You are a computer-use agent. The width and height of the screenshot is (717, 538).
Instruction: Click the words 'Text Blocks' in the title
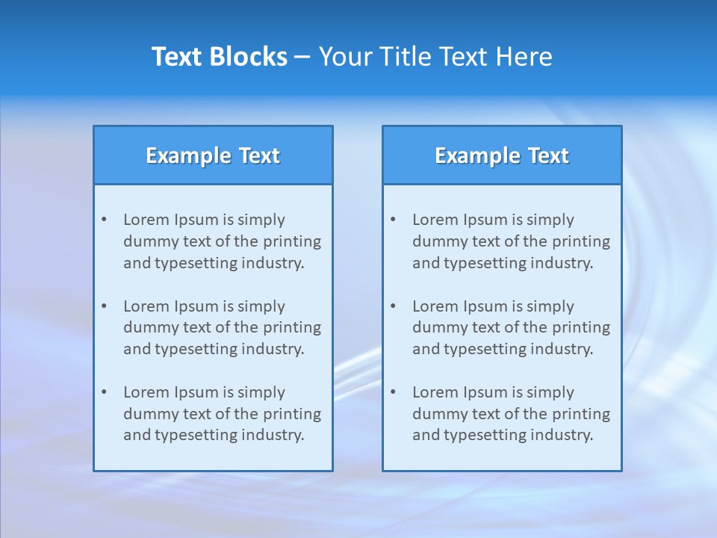tap(219, 57)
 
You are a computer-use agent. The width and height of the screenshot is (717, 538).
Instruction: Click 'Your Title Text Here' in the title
tap(435, 57)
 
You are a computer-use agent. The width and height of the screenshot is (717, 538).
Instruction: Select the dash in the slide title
tap(302, 58)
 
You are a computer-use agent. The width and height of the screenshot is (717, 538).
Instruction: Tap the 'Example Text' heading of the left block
tap(213, 155)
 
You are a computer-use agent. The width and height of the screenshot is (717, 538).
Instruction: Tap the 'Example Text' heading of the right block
tap(502, 155)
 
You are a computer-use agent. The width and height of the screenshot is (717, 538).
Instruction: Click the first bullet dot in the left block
tap(104, 220)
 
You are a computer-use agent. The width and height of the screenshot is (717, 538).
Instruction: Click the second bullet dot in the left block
tap(104, 306)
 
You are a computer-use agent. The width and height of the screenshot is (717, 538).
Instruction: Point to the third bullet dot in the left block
tap(104, 392)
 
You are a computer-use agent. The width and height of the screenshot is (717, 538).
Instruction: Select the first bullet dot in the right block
tap(393, 220)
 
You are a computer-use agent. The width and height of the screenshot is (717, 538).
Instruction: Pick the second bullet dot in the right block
tap(393, 306)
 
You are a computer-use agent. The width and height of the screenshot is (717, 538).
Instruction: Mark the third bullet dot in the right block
tap(393, 392)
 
